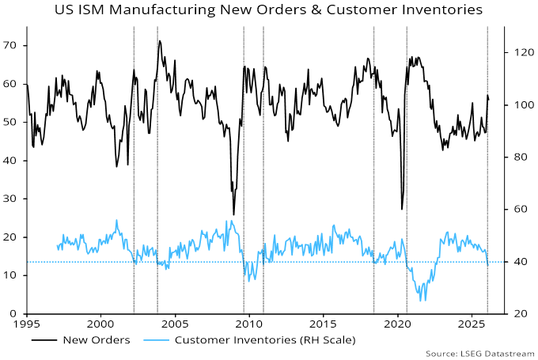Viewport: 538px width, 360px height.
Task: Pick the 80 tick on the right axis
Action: pos(515,157)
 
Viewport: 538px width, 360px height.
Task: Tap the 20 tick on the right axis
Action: pos(515,313)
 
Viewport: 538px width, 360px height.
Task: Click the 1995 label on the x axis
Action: pos(26,324)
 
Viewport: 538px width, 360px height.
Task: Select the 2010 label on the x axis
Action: pos(248,324)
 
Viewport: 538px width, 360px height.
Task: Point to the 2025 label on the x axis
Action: pos(472,324)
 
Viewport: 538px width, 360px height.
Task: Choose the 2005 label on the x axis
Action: pos(175,324)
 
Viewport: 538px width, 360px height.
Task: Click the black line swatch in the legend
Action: pos(46,339)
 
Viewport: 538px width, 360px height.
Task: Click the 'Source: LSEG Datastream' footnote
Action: pos(480,353)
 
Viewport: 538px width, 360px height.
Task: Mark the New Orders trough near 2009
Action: pos(233,214)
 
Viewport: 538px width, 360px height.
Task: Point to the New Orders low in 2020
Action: pos(402,209)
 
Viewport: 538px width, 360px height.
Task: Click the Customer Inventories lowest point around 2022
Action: pos(424,300)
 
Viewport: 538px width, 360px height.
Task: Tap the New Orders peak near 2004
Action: pos(160,40)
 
